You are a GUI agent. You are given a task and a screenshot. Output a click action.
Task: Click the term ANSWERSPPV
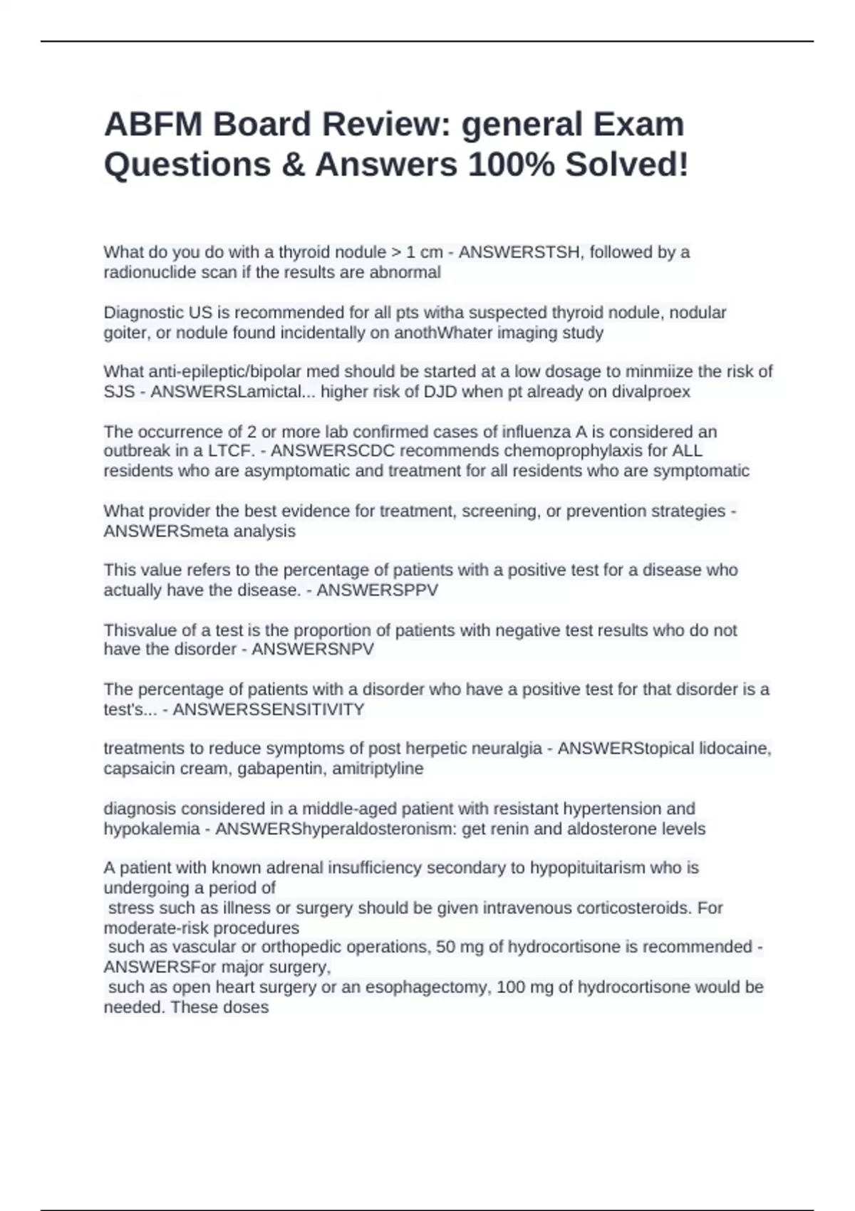click(x=377, y=590)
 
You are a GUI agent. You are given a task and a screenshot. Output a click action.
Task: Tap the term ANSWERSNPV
click(x=313, y=649)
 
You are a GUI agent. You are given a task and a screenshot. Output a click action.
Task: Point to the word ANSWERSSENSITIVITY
click(x=269, y=710)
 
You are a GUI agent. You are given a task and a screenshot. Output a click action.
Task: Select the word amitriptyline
click(x=378, y=769)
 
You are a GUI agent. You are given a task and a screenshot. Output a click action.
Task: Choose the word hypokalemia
click(x=152, y=829)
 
